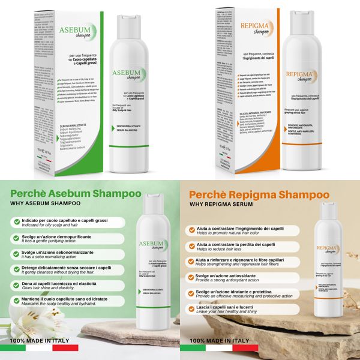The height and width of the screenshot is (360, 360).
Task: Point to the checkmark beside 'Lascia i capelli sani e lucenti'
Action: pos(191,309)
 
